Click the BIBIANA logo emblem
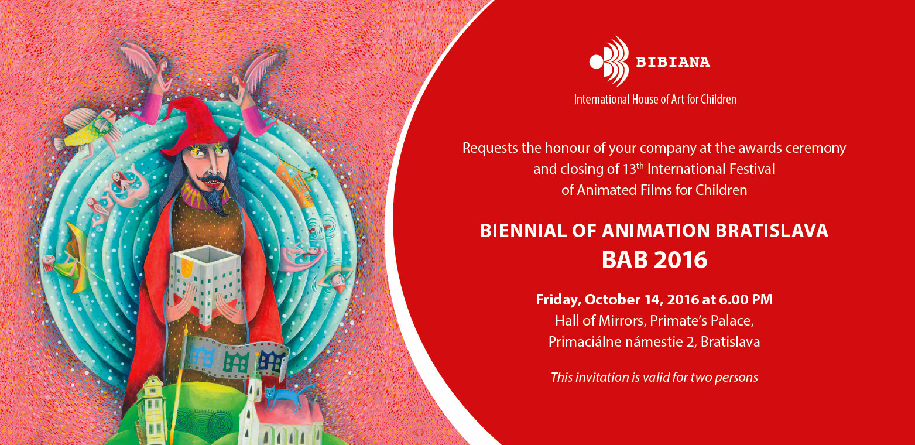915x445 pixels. [x=609, y=61]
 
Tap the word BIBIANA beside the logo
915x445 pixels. [x=673, y=62]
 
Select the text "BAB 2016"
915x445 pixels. [x=654, y=259]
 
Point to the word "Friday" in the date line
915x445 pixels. [x=557, y=300]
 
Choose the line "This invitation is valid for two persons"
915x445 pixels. [x=654, y=377]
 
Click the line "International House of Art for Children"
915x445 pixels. [x=655, y=100]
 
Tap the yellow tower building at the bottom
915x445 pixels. [x=152, y=410]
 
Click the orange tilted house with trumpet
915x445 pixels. [x=297, y=180]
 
